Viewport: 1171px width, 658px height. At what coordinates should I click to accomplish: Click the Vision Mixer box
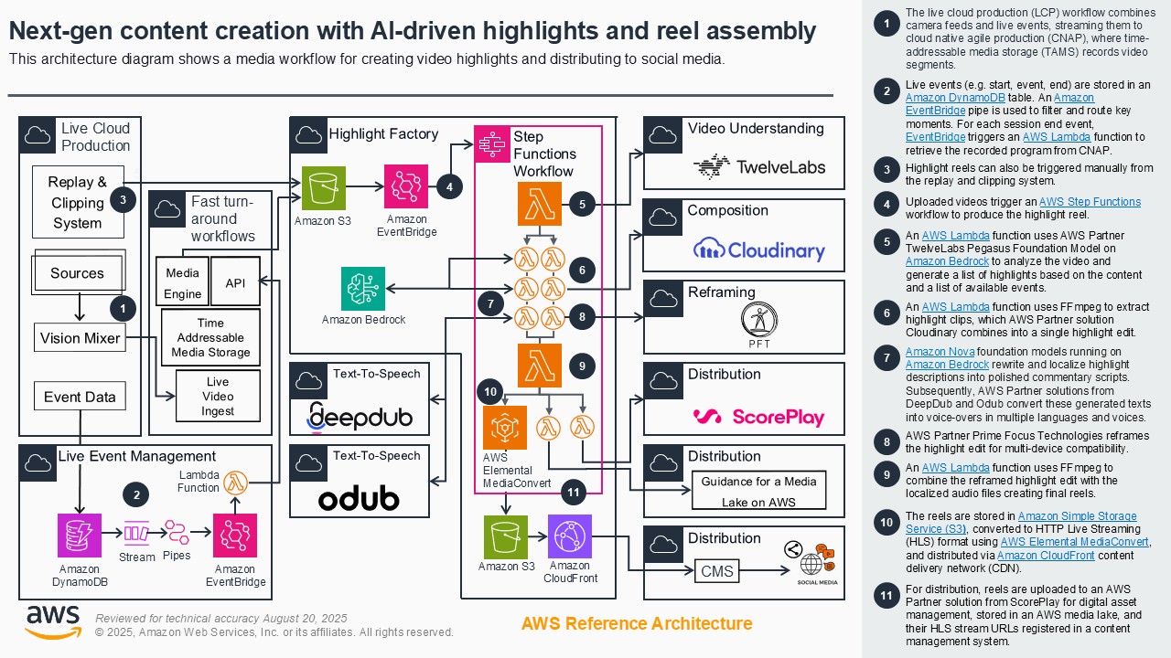point(80,338)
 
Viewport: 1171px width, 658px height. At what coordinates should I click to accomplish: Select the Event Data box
point(80,397)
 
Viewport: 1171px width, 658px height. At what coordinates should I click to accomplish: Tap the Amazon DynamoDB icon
point(80,535)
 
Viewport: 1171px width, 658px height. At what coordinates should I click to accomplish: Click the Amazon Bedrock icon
point(363,289)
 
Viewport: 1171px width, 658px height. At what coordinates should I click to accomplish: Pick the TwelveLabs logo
point(759,166)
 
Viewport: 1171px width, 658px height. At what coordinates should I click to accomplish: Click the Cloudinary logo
point(759,249)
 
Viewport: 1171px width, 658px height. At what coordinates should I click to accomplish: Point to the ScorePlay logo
point(759,417)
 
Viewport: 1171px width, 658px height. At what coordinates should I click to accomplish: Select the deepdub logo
point(360,416)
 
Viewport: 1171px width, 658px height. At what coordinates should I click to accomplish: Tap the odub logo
point(359,498)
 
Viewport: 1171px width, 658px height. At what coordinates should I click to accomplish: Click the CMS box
point(716,571)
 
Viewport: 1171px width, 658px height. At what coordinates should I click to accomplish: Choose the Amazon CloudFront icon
point(570,536)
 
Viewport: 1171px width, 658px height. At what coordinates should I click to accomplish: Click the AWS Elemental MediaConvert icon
point(505,428)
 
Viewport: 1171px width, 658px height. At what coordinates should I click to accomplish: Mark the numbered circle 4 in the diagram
point(449,186)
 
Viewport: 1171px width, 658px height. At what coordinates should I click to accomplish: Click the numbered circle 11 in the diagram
point(574,493)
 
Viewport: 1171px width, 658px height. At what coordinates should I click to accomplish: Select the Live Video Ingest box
point(218,396)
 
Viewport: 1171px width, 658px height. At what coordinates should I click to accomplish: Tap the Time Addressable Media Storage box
point(210,337)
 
